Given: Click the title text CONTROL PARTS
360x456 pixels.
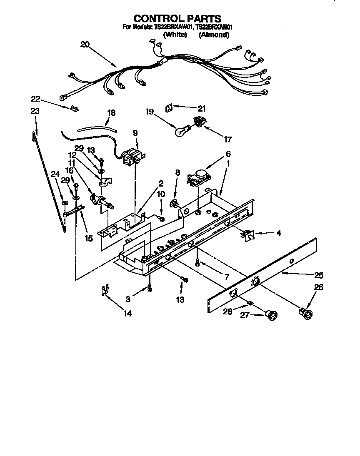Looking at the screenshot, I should (177, 19).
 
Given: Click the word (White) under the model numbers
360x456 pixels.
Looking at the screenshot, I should (175, 35).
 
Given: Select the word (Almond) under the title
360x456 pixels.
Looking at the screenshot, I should (214, 35).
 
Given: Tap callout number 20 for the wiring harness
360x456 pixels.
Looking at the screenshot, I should (85, 45).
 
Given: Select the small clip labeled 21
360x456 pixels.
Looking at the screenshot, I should (169, 107).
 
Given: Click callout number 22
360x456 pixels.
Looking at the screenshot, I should (36, 99).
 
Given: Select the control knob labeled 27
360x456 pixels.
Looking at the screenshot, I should (272, 316).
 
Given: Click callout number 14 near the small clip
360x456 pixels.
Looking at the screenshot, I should (127, 314).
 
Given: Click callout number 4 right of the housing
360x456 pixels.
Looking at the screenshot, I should (278, 233).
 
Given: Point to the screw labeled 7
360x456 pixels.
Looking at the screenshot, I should (198, 263).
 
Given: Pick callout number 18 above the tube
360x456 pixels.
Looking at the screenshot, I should (111, 113).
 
